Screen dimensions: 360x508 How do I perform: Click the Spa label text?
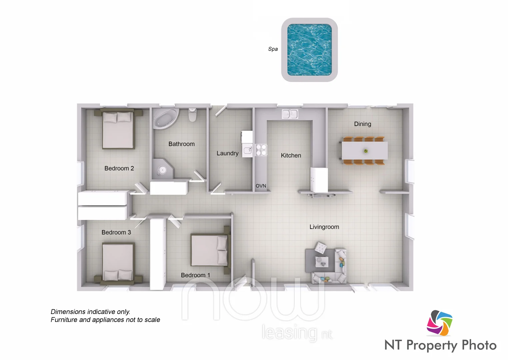[273, 49]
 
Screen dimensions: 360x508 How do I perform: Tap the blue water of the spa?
[309, 50]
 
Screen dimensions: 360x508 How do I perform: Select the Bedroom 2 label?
[119, 168]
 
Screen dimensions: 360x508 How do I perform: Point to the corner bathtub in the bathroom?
[165, 118]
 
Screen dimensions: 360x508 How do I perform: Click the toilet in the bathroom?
[193, 115]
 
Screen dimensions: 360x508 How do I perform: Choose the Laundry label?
[227, 153]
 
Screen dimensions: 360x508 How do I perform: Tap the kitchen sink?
[290, 114]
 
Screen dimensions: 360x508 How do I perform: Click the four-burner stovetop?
[261, 150]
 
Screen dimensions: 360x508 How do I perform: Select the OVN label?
[261, 186]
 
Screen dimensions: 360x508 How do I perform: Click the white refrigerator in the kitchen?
[319, 180]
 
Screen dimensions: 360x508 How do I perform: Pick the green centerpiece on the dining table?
[366, 151]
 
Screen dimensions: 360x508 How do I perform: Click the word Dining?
[362, 124]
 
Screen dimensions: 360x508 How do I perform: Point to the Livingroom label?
[324, 227]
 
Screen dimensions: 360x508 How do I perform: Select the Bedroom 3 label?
[116, 232]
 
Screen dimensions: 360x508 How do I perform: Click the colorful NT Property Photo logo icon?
[440, 323]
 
